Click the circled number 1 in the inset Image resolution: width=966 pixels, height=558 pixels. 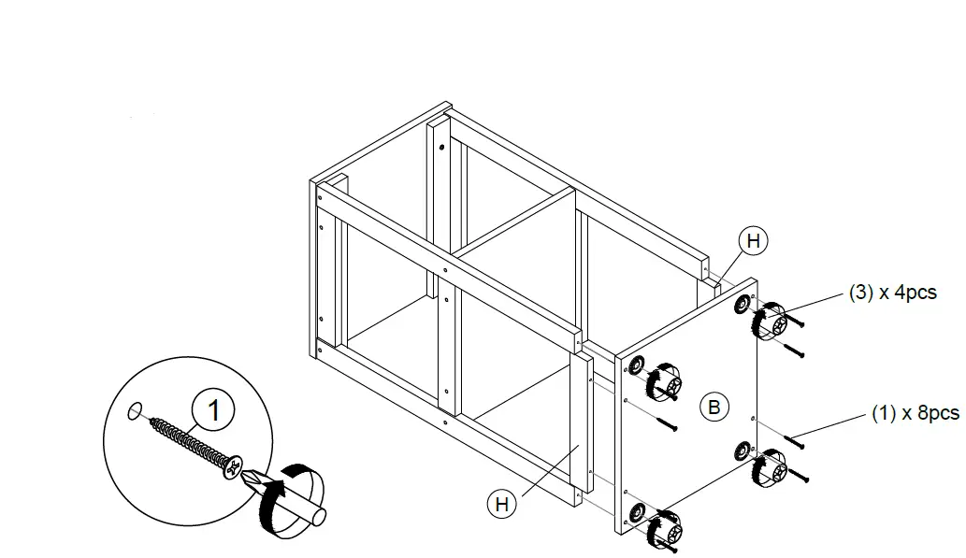(214, 409)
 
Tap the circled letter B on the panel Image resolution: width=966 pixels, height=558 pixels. (714, 408)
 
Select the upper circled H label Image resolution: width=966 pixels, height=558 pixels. (754, 241)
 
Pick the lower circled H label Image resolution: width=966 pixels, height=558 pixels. (502, 505)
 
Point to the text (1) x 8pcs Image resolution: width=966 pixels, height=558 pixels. (915, 413)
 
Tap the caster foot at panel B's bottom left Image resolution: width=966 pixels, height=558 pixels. (661, 529)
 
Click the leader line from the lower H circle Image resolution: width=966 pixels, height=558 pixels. (543, 471)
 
